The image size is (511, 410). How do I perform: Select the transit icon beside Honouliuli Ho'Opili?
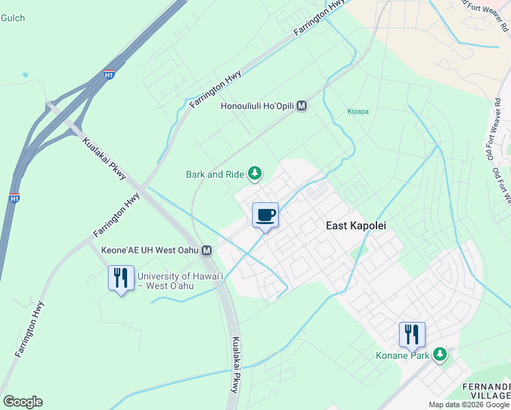[301, 107]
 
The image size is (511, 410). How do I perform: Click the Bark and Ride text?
[215, 174]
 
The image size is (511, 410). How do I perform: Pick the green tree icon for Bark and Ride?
[255, 174]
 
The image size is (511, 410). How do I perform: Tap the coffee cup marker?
[265, 215]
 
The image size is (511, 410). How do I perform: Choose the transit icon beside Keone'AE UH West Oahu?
[206, 251]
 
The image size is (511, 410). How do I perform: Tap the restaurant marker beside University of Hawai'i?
[121, 277]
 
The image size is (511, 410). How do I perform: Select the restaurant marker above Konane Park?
[412, 335]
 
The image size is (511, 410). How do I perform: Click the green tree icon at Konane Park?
[441, 354]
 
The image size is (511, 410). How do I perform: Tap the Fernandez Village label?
[486, 391]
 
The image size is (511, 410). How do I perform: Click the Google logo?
[23, 402]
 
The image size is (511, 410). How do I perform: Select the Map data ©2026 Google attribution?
[469, 405]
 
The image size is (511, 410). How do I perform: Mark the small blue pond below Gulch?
[25, 74]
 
